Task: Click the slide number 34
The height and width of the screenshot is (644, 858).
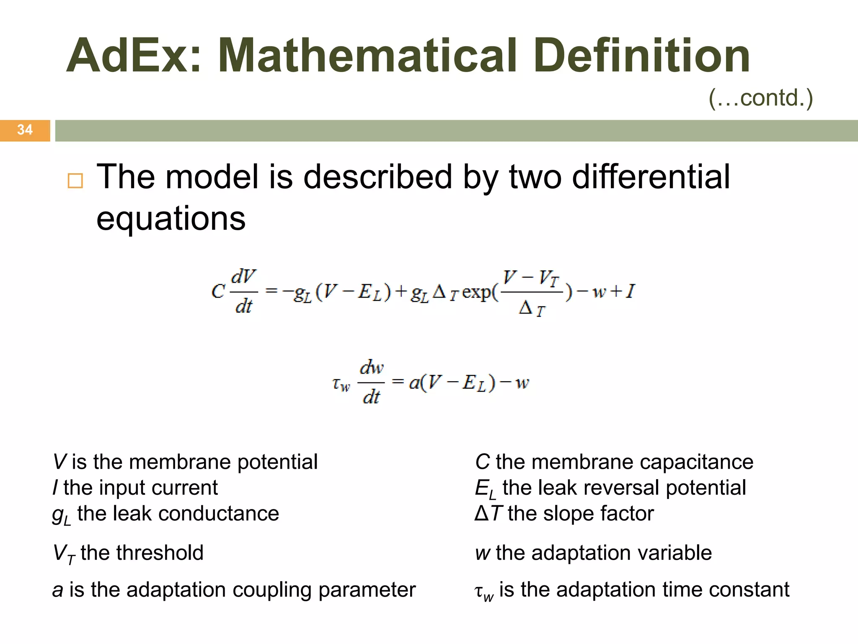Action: (25, 130)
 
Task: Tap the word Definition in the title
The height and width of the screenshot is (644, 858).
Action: (641, 56)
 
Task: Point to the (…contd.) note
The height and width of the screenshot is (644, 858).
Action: (760, 98)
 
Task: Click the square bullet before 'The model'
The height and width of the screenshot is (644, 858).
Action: (75, 181)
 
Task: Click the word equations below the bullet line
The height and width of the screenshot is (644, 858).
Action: (171, 218)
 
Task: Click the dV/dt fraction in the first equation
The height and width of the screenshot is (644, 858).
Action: (243, 291)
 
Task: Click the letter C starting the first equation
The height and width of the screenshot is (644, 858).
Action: (218, 291)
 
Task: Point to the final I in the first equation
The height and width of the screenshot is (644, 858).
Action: (630, 291)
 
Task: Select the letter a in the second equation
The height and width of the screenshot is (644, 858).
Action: (414, 382)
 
